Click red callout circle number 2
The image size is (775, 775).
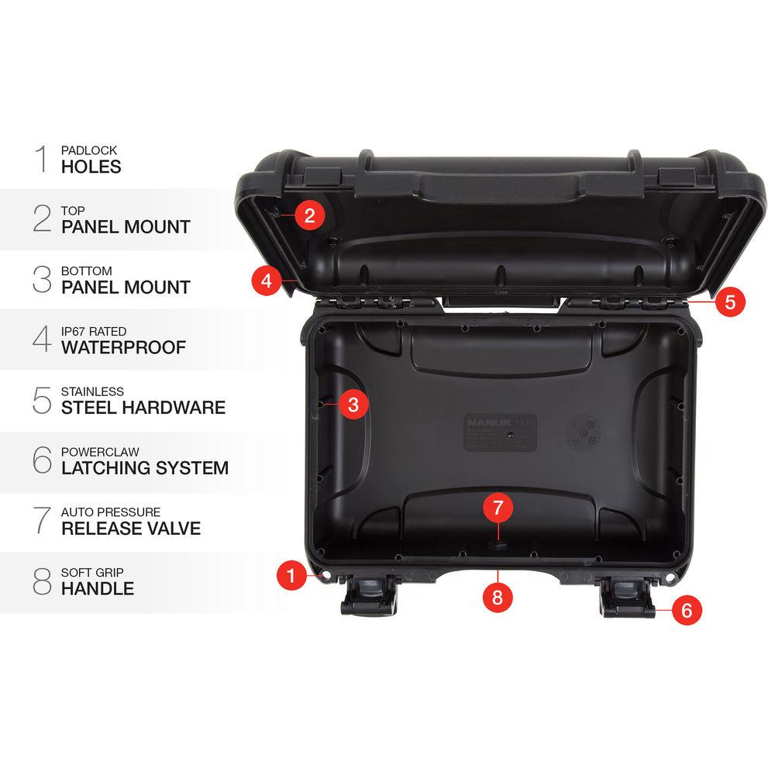pyautogui.click(x=309, y=215)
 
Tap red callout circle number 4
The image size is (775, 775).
pyautogui.click(x=267, y=279)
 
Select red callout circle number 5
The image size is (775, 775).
pyautogui.click(x=730, y=301)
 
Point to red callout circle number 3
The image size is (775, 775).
pyautogui.click(x=353, y=404)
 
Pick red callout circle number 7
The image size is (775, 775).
pyautogui.click(x=498, y=508)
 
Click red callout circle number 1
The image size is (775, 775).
pyautogui.click(x=291, y=575)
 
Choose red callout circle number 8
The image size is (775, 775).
pyautogui.click(x=498, y=598)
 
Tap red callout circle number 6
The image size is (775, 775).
pyautogui.click(x=687, y=610)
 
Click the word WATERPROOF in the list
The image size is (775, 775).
pyautogui.click(x=124, y=347)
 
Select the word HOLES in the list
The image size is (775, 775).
pyautogui.click(x=91, y=167)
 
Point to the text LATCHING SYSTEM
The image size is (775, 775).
pyautogui.click(x=145, y=468)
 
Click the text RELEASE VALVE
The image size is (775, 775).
pyautogui.click(x=131, y=529)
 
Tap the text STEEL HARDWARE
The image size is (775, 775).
pyautogui.click(x=143, y=408)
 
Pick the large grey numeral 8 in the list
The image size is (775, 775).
pyautogui.click(x=42, y=581)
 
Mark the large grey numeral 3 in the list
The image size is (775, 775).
pyautogui.click(x=42, y=279)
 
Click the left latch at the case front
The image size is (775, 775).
pyautogui.click(x=369, y=598)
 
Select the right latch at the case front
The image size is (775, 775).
pyautogui.click(x=627, y=598)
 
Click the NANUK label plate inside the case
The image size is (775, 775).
pyautogui.click(x=501, y=432)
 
